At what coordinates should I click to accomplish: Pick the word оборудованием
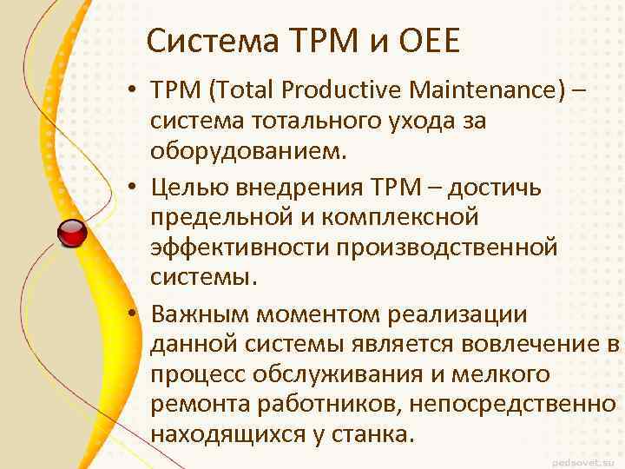click(249, 152)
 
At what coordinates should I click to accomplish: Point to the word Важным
click(197, 309)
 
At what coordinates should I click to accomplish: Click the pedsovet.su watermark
click(586, 457)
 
